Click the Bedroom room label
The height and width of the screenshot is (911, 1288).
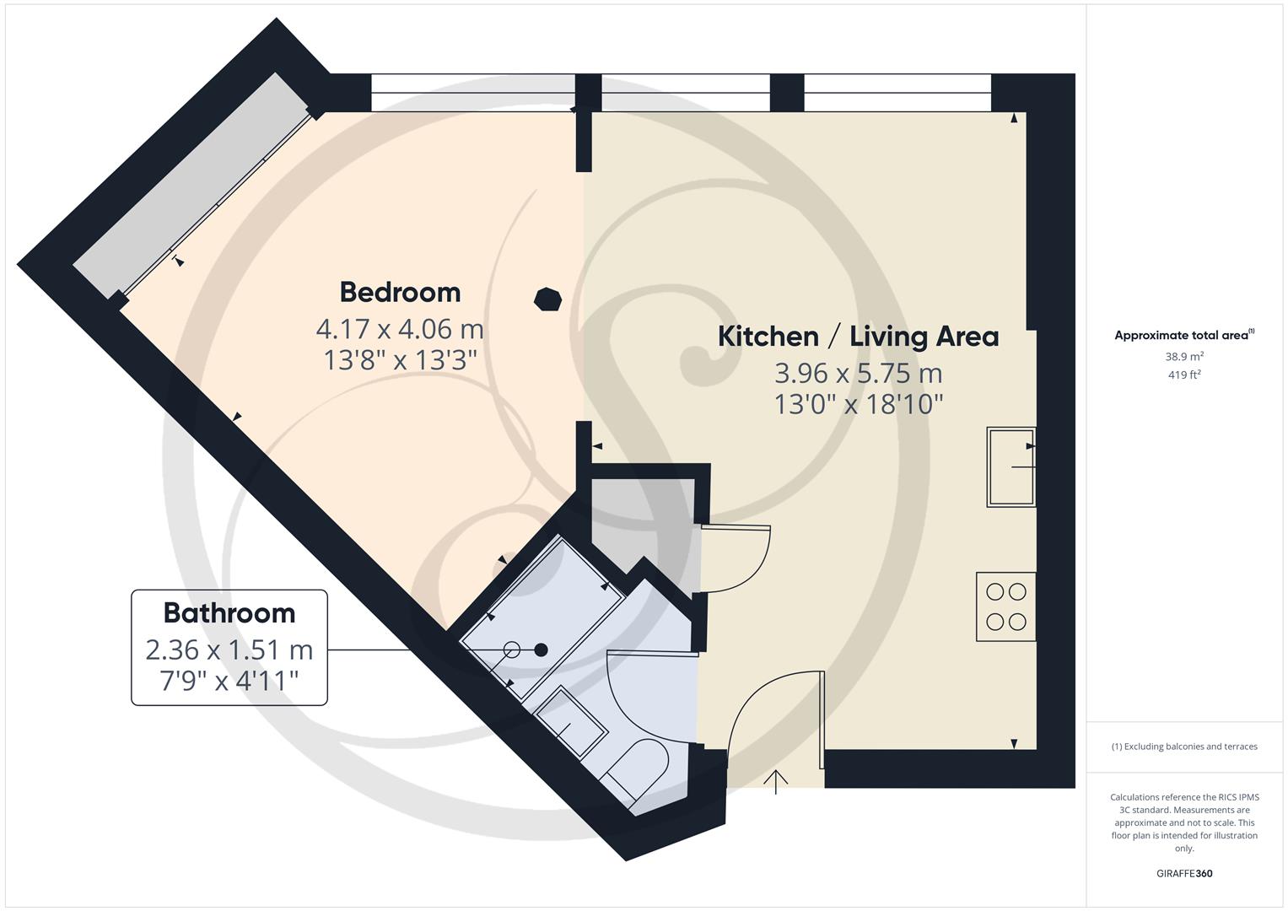click(x=400, y=293)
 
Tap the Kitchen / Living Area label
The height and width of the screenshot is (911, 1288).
click(x=858, y=337)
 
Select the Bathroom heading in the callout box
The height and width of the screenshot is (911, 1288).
click(x=229, y=613)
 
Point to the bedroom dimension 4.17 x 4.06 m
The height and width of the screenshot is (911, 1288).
click(x=400, y=328)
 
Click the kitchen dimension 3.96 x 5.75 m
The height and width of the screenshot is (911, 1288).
click(x=858, y=373)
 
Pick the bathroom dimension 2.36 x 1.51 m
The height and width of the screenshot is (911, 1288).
click(x=229, y=650)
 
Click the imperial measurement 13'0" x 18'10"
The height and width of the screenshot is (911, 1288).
click(x=858, y=405)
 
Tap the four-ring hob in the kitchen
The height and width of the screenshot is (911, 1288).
click(x=1005, y=607)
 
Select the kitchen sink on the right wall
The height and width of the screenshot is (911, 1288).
click(x=1010, y=466)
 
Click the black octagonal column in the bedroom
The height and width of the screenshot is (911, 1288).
click(x=547, y=299)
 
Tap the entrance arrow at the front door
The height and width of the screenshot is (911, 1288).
click(x=776, y=781)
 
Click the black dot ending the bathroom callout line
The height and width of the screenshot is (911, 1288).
click(x=542, y=650)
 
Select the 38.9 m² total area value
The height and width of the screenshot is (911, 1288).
click(x=1184, y=357)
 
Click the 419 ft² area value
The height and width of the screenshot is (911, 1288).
click(x=1184, y=375)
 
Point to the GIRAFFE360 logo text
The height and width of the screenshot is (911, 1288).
click(x=1184, y=873)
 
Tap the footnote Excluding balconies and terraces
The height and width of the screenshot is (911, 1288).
click(x=1184, y=747)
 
